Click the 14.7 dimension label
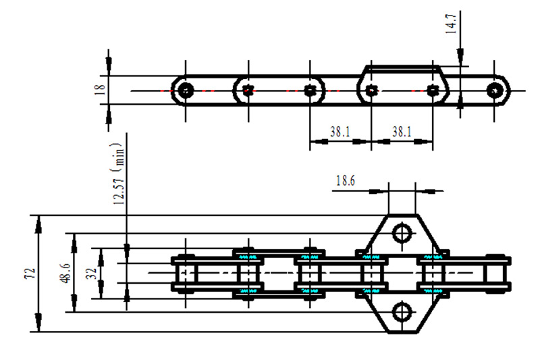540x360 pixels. tap(452, 23)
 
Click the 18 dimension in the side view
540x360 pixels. tap(101, 90)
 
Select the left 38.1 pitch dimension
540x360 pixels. tap(340, 133)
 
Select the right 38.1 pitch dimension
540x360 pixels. tap(402, 133)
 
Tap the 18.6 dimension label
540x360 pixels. tap(346, 180)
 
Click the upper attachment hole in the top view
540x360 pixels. tap(402, 233)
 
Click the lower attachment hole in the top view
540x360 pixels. tap(402, 311)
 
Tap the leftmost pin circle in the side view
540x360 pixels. tap(186, 90)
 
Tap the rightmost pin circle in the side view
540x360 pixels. tap(497, 90)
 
